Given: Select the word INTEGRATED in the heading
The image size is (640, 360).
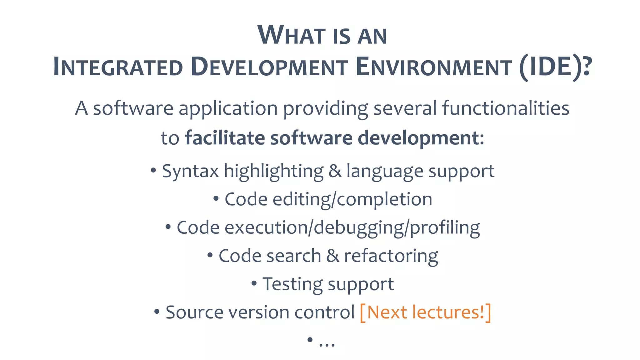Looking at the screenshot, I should pos(118,67).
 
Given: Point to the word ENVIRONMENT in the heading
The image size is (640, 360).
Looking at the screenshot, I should pos(433,67).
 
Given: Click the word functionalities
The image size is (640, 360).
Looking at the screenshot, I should pos(505,108).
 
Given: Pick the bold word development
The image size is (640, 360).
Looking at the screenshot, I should pos(421,138).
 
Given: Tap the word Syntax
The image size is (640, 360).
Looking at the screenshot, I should pos(190,171).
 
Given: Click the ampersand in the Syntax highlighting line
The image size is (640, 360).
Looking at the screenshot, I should pos(335,171).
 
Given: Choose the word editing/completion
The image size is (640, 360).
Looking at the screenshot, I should pos(352,199).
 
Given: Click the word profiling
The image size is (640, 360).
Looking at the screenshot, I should pos(445,227).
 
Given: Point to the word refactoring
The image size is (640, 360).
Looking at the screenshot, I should pos(391,256).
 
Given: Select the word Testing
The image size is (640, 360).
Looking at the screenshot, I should pos(292,284).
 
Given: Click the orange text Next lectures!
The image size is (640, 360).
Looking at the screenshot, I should pos(425,312).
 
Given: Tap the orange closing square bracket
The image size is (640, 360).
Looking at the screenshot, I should pos(488,312).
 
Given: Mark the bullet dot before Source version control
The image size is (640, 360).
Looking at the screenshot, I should pos(157,312).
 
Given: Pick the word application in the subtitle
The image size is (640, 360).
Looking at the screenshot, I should pos(228,109).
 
